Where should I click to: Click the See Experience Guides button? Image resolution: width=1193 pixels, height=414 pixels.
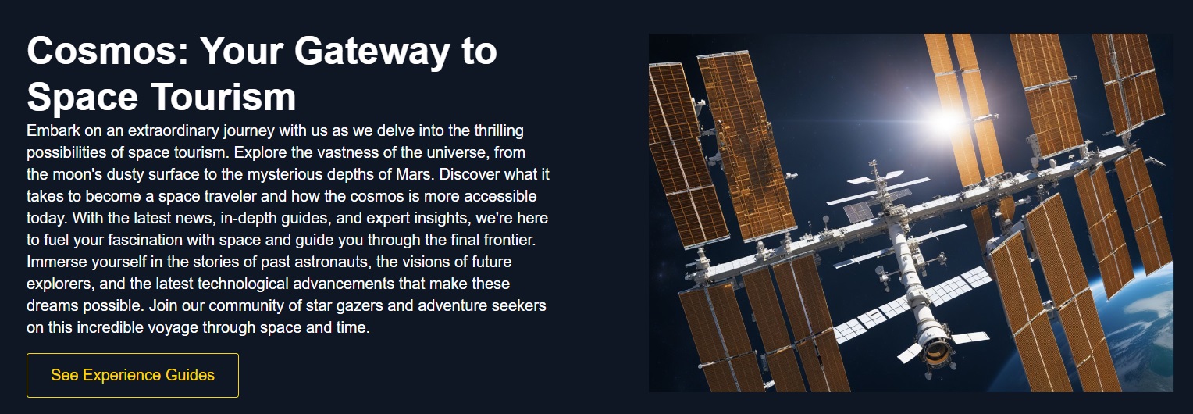point(133,375)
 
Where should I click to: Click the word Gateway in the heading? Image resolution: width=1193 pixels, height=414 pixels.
point(372,52)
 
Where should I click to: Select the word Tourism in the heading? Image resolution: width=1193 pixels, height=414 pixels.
point(223,97)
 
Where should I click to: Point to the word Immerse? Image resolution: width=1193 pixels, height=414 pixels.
point(56,262)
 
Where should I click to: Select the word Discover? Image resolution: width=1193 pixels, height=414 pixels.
point(469,174)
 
